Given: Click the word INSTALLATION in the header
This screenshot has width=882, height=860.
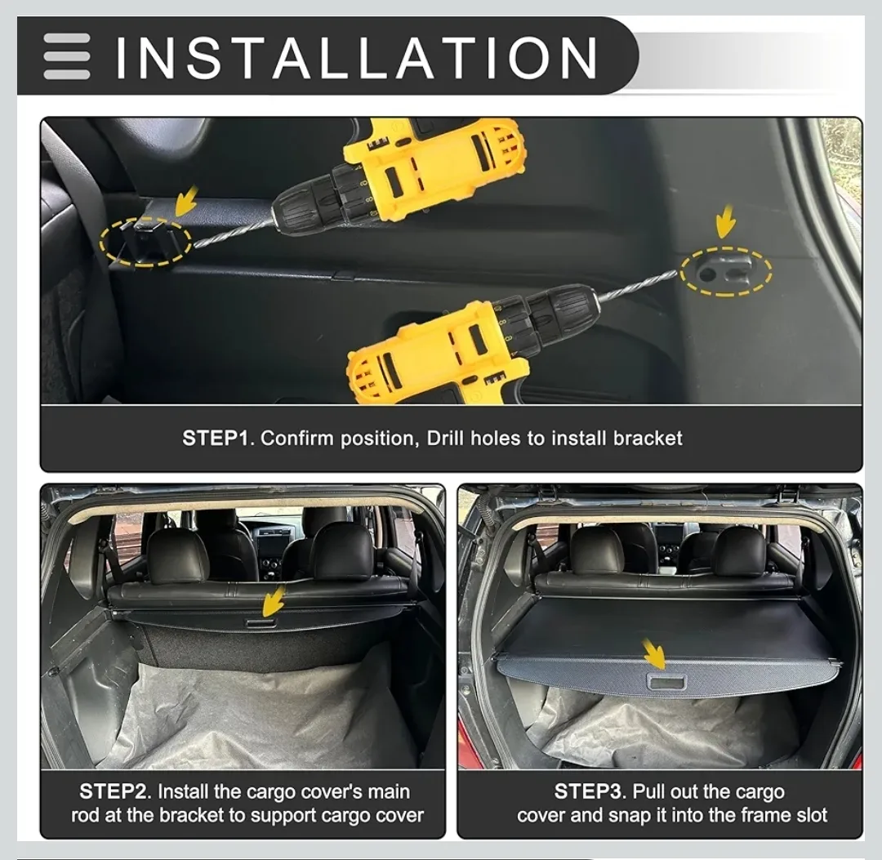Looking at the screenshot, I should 357,57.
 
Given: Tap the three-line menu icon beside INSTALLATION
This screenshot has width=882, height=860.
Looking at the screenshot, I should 67,56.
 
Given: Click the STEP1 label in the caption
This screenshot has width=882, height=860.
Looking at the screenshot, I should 214,439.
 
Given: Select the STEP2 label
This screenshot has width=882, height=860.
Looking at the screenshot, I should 115,791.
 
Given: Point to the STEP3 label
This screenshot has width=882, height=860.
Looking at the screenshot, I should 590,791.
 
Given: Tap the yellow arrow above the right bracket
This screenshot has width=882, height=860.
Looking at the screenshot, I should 724,221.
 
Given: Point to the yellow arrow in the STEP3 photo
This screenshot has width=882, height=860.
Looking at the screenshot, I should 653,653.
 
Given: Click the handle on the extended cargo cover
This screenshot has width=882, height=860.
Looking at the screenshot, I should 666,680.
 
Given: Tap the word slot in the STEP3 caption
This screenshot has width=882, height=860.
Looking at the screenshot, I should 808,815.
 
